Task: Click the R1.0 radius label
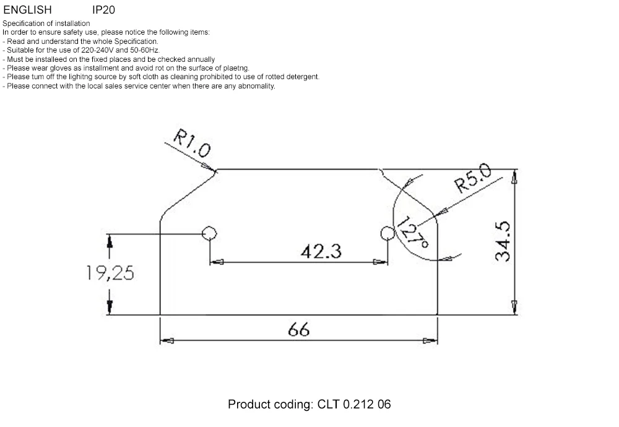pos(193,143)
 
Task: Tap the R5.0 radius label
pos(473,178)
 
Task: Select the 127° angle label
pos(412,232)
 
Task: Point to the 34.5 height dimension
pos(503,241)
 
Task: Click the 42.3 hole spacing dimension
pos(321,251)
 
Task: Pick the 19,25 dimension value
pos(110,273)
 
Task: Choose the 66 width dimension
pos(298,329)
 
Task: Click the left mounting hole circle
pos(209,233)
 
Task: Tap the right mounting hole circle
pos(387,233)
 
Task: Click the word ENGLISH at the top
pos(27,9)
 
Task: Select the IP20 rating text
pos(103,9)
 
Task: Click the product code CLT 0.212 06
pos(354,404)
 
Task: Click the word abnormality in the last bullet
pos(256,85)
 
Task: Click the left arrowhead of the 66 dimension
pos(167,340)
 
